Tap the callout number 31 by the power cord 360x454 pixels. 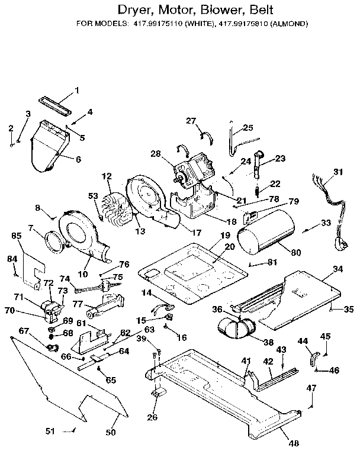337,172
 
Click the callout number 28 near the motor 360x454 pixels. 156,154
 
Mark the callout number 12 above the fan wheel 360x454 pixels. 107,176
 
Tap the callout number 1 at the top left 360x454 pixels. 76,90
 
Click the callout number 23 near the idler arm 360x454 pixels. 280,158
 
